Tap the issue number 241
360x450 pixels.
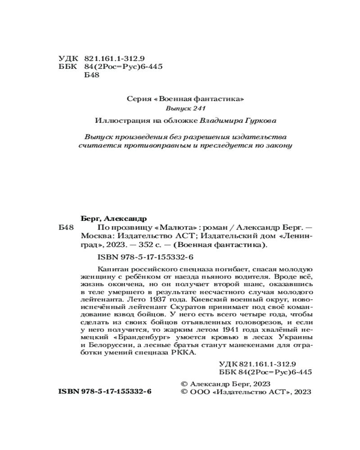pos(199,109)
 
